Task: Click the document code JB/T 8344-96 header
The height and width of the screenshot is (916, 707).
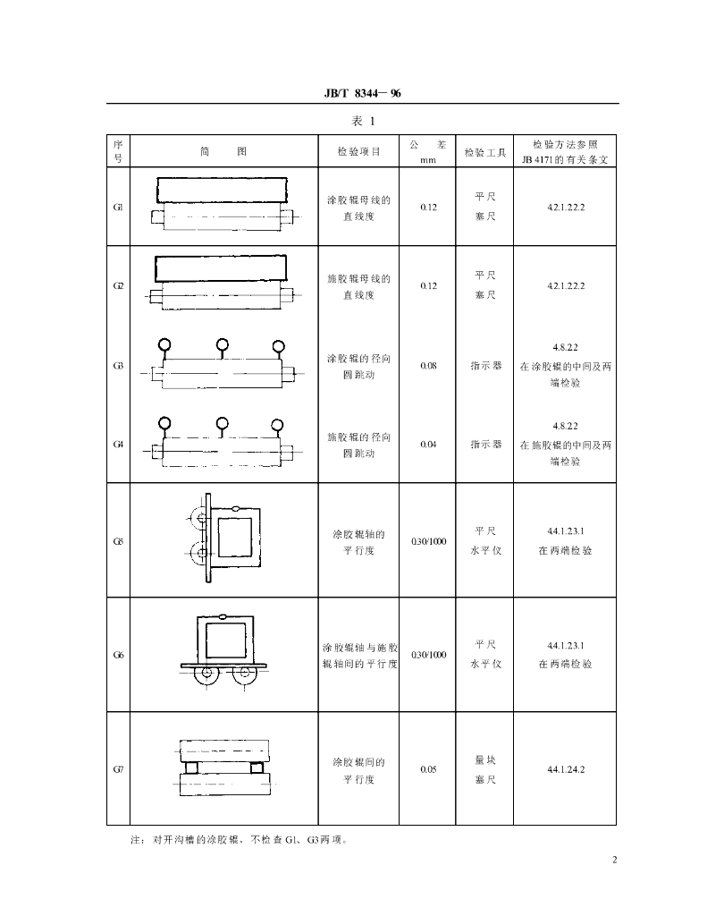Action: click(363, 93)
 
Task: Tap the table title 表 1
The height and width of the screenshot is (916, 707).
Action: click(363, 121)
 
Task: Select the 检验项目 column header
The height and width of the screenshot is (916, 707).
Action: click(358, 151)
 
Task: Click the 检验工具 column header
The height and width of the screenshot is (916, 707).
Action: click(484, 152)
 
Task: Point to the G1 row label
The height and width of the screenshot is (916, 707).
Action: click(118, 207)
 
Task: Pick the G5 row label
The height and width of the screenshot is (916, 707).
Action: click(118, 541)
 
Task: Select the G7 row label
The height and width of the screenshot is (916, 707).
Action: click(118, 769)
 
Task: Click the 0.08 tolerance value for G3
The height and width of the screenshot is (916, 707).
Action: click(428, 366)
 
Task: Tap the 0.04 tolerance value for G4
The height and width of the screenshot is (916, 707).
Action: click(428, 444)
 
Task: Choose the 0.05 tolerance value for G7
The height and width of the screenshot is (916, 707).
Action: click(428, 769)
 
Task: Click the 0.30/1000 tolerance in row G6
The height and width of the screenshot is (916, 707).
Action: click(428, 655)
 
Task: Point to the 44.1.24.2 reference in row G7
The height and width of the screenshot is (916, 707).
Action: click(565, 769)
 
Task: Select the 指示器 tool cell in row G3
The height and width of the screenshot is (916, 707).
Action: click(485, 366)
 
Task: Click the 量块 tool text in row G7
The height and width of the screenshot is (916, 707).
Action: click(485, 760)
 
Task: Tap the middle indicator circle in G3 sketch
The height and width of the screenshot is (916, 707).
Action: click(222, 344)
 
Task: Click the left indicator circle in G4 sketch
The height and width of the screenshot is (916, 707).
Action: click(164, 423)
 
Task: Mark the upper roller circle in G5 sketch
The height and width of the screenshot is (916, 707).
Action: click(200, 517)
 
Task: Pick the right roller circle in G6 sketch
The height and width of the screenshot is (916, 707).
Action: click(245, 673)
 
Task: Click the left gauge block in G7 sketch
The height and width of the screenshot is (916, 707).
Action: click(191, 767)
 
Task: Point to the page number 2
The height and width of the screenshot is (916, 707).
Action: click(614, 860)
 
